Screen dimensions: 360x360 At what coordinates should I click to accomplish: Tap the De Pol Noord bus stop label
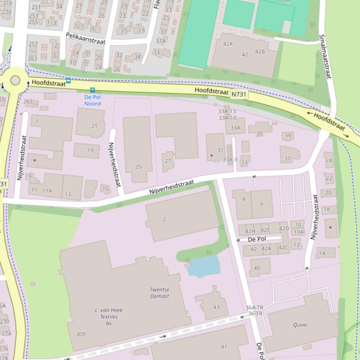tap(92, 100)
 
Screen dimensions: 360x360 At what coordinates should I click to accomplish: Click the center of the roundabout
tap(15, 80)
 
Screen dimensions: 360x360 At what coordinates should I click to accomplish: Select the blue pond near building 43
tap(204, 266)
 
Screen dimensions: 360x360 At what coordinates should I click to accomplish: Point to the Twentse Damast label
tap(160, 293)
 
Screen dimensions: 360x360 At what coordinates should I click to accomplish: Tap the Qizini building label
tap(300, 325)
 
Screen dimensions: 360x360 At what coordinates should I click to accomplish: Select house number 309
tap(81, 334)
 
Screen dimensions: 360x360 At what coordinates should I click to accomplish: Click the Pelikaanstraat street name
tap(86, 38)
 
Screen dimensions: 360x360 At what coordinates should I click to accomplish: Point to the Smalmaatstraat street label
tap(324, 56)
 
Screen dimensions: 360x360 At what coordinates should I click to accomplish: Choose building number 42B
tap(259, 51)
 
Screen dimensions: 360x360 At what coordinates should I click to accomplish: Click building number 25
tap(138, 167)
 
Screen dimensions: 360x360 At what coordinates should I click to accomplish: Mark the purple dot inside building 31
tap(212, 155)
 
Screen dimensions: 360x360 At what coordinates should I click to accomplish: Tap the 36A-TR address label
tap(254, 308)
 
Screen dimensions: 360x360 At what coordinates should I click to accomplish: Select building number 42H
tap(250, 231)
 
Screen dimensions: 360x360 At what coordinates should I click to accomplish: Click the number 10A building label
tap(299, 232)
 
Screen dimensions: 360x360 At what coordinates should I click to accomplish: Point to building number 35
tap(259, 134)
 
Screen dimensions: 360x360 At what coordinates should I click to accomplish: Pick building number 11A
tap(47, 191)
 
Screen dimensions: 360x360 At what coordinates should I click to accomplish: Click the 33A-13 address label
tap(227, 111)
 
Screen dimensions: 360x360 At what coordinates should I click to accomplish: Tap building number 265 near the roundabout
tap(28, 101)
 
